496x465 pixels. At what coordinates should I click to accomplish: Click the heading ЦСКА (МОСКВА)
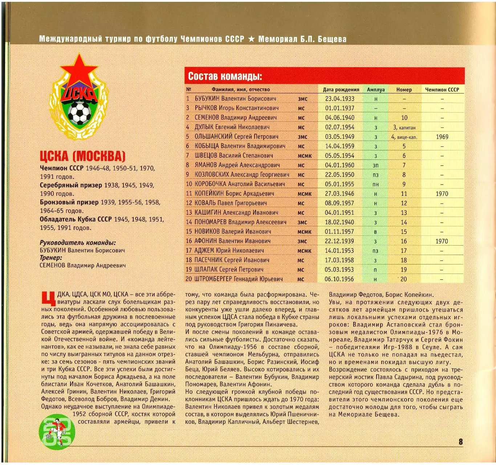82,156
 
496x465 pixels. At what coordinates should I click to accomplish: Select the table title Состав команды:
225,77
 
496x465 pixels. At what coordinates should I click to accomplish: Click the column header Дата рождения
341,90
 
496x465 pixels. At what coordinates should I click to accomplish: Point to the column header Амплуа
375,90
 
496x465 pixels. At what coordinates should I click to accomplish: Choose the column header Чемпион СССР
442,90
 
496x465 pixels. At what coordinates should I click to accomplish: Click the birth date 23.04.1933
340,99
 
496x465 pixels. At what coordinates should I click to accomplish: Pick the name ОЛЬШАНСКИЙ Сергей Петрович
236,137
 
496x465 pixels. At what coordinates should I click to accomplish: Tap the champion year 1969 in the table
442,137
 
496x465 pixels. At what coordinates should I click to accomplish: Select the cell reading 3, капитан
404,128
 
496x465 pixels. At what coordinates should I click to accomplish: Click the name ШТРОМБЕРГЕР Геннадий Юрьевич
239,279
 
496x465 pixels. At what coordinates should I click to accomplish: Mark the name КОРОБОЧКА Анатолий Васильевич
240,184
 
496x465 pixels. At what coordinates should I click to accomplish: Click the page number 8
460,442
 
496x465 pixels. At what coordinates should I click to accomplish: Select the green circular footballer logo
57,432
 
